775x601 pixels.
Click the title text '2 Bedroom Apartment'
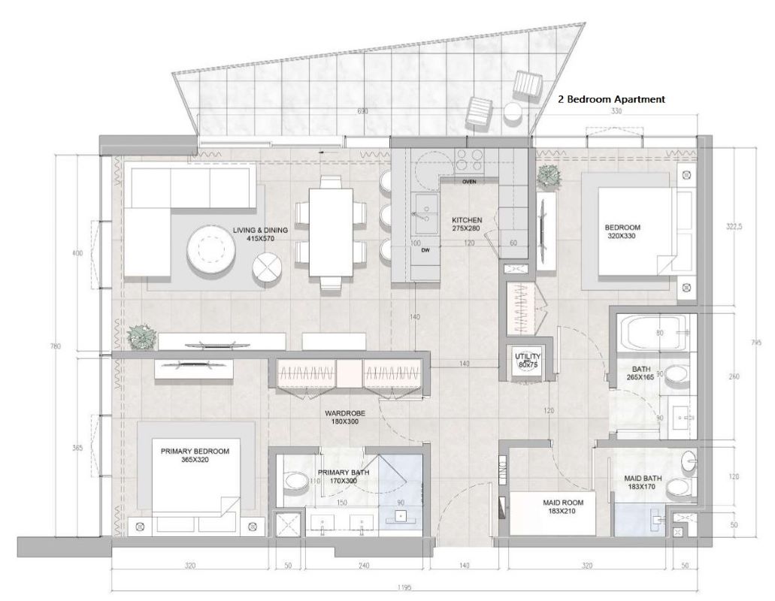[x=611, y=98]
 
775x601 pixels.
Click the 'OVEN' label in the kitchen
[x=470, y=182]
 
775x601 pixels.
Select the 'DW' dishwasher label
[x=425, y=250]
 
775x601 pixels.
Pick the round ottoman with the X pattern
[x=268, y=267]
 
